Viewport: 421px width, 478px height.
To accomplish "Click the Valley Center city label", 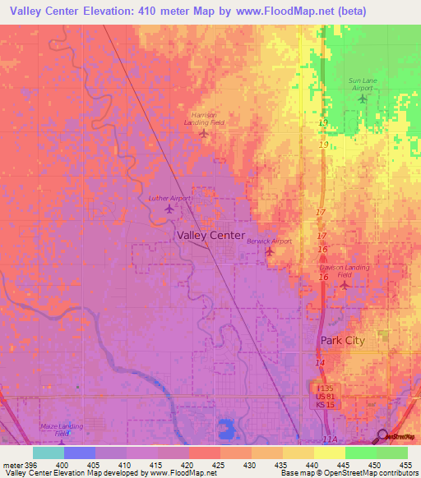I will pyautogui.click(x=210, y=235).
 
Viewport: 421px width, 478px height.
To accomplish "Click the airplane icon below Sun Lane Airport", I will pyautogui.click(x=363, y=99).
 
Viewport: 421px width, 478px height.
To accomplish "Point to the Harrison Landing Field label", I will pyautogui.click(x=204, y=118).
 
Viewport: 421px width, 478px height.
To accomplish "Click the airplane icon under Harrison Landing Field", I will pyautogui.click(x=204, y=132).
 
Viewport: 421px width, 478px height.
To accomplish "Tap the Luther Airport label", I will pyautogui.click(x=169, y=198).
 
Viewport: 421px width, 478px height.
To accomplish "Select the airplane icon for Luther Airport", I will pyautogui.click(x=169, y=209).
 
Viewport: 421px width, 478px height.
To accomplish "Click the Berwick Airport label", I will pyautogui.click(x=269, y=241).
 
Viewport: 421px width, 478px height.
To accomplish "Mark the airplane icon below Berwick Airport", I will pyautogui.click(x=270, y=251).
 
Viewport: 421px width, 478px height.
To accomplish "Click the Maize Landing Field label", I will pyautogui.click(x=61, y=431).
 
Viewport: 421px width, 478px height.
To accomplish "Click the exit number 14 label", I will pyautogui.click(x=320, y=362).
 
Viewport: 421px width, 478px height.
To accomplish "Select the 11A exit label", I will pyautogui.click(x=330, y=440).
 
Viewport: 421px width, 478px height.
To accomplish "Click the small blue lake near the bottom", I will pyautogui.click(x=224, y=428).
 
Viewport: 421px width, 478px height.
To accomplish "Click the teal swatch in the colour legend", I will pyautogui.click(x=48, y=453).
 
